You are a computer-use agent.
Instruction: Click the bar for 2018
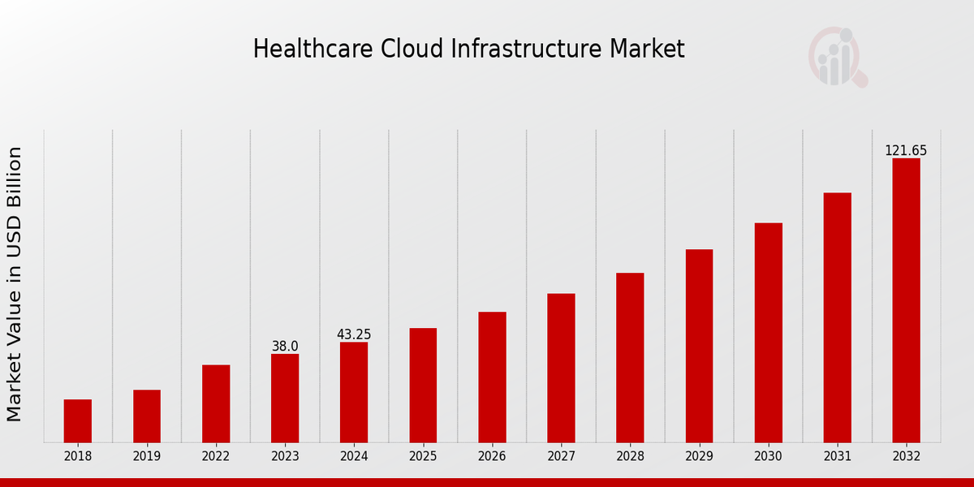pyautogui.click(x=78, y=420)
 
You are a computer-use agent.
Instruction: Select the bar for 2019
pyautogui.click(x=147, y=416)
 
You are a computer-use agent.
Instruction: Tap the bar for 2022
pyautogui.click(x=216, y=403)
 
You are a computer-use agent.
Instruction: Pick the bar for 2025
pyautogui.click(x=423, y=385)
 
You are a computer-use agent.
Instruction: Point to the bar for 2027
pyautogui.click(x=561, y=368)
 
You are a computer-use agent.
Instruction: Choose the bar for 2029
pyautogui.click(x=699, y=346)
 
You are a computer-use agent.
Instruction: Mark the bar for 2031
pyautogui.click(x=837, y=317)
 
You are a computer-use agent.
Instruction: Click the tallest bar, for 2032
pyautogui.click(x=906, y=300)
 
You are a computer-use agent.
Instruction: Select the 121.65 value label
pyautogui.click(x=906, y=151)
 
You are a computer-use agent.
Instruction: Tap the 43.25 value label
pyautogui.click(x=354, y=334)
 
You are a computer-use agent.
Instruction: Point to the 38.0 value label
pyautogui.click(x=285, y=347)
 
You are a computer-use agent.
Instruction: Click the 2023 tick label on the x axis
pyautogui.click(x=285, y=457)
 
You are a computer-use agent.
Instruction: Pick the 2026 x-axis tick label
pyautogui.click(x=492, y=457)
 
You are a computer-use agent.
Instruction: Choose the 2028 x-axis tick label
pyautogui.click(x=630, y=457)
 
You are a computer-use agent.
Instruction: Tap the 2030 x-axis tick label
pyautogui.click(x=768, y=457)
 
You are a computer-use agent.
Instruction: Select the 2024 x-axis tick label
pyautogui.click(x=354, y=457)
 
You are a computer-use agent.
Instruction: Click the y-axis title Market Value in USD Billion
pyautogui.click(x=15, y=284)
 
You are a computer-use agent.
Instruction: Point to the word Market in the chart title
pyautogui.click(x=648, y=49)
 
